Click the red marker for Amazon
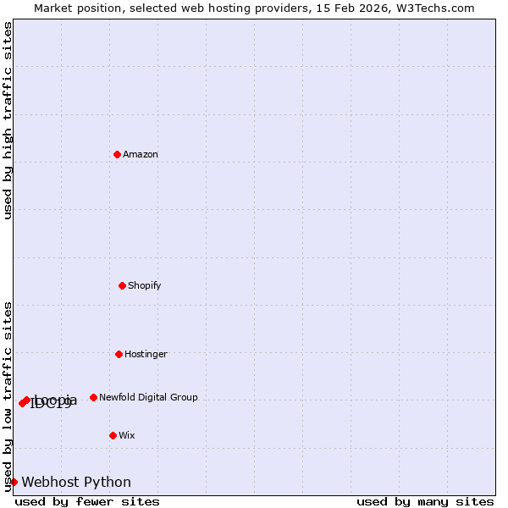point(118,154)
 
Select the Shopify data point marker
point(123,285)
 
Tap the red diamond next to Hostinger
point(119,354)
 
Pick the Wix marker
point(113,435)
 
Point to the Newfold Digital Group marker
point(93,397)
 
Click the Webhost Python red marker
point(14,482)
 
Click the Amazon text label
point(141,154)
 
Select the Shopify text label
point(144,285)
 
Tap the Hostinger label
point(146,354)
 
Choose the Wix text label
point(126,435)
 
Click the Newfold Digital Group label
point(148,397)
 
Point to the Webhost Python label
point(76,482)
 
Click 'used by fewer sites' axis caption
point(87,501)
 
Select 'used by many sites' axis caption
point(425,501)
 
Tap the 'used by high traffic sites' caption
point(8,120)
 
